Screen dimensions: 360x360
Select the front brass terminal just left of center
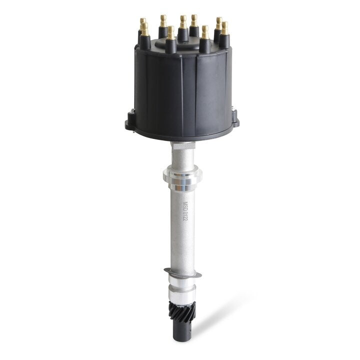point(171,33)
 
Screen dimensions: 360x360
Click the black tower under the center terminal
point(183,34)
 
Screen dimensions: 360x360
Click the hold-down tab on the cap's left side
point(130,120)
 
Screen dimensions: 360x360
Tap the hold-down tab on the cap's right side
point(234,120)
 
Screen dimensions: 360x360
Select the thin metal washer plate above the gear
point(182,273)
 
